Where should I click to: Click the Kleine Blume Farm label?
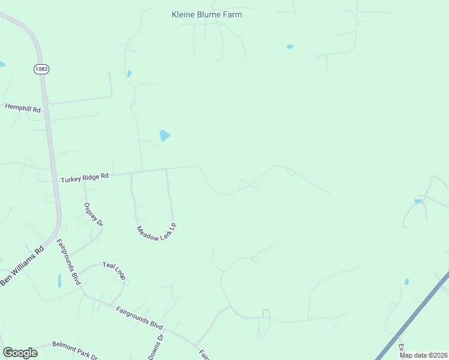click(x=206, y=14)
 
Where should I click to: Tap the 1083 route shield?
click(x=41, y=69)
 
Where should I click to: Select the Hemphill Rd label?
click(x=22, y=108)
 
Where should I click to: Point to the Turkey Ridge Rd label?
click(x=84, y=177)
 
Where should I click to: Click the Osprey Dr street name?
click(x=93, y=214)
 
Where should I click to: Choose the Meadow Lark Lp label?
click(x=156, y=229)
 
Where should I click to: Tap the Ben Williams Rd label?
click(x=22, y=266)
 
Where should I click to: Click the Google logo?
click(x=20, y=353)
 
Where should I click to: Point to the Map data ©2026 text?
click(x=423, y=355)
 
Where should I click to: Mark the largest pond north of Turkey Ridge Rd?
click(x=164, y=136)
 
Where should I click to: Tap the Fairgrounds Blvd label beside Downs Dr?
click(x=139, y=318)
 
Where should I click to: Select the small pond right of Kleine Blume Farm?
click(x=291, y=47)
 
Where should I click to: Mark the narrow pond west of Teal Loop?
click(x=59, y=280)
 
